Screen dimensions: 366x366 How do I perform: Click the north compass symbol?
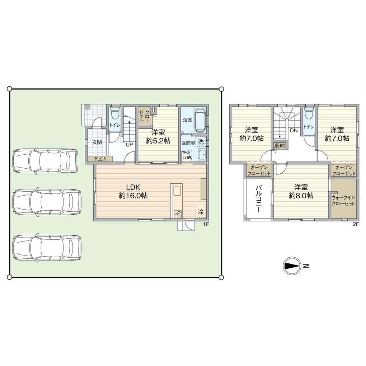(291, 266)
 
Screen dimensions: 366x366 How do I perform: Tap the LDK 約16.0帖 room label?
(133, 192)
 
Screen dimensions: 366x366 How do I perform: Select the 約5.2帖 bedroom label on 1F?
(158, 137)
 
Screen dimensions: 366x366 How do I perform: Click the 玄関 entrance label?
(97, 142)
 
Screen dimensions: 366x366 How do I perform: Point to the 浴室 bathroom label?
(187, 119)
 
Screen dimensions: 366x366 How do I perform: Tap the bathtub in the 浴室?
(200, 119)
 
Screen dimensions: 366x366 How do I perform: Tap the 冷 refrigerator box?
(201, 211)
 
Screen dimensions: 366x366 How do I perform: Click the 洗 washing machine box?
(201, 142)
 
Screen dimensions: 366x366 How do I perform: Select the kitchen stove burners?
(178, 214)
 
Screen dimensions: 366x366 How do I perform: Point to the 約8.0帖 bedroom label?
(301, 192)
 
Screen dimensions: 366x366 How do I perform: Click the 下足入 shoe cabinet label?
(100, 158)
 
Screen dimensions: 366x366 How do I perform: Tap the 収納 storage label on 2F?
(280, 146)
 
